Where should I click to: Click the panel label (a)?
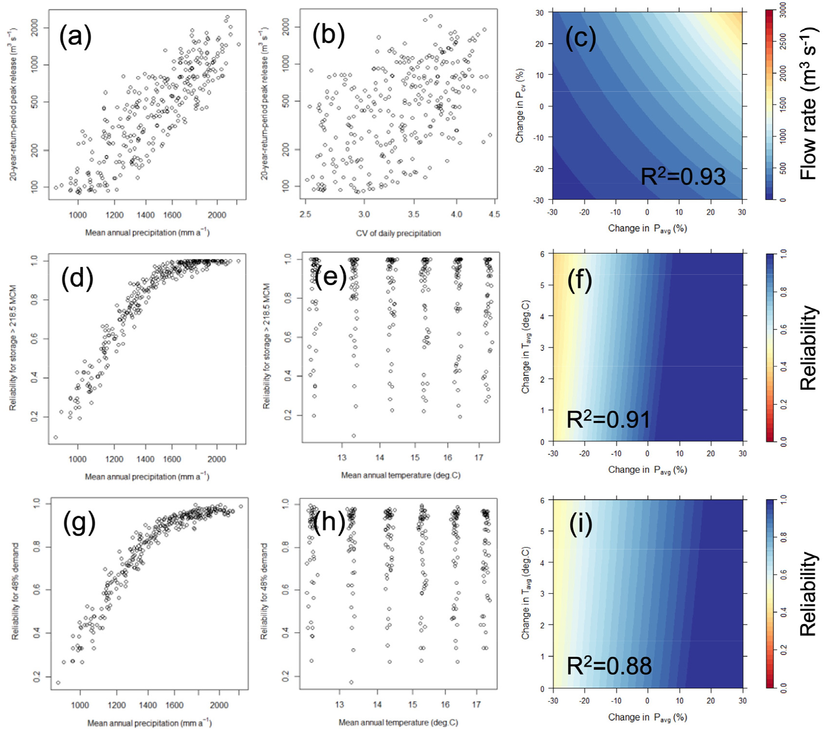point(75,36)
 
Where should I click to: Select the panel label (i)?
point(580,524)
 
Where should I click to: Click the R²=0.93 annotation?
point(683,177)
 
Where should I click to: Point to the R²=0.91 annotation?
point(608,420)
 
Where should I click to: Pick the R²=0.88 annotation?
point(609,665)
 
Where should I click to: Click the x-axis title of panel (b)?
point(398,233)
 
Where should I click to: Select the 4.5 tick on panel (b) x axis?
point(494,214)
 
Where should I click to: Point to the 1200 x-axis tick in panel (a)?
point(114,215)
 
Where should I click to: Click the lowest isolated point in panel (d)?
point(56,437)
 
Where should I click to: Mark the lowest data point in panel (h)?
point(351,682)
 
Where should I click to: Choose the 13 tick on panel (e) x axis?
point(342,458)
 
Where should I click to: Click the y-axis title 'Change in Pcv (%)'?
point(520,106)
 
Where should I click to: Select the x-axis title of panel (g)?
point(149,723)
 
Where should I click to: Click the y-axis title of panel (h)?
point(264,592)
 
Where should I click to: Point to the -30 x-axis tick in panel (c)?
point(553,212)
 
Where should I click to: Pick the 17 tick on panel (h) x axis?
point(476,705)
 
